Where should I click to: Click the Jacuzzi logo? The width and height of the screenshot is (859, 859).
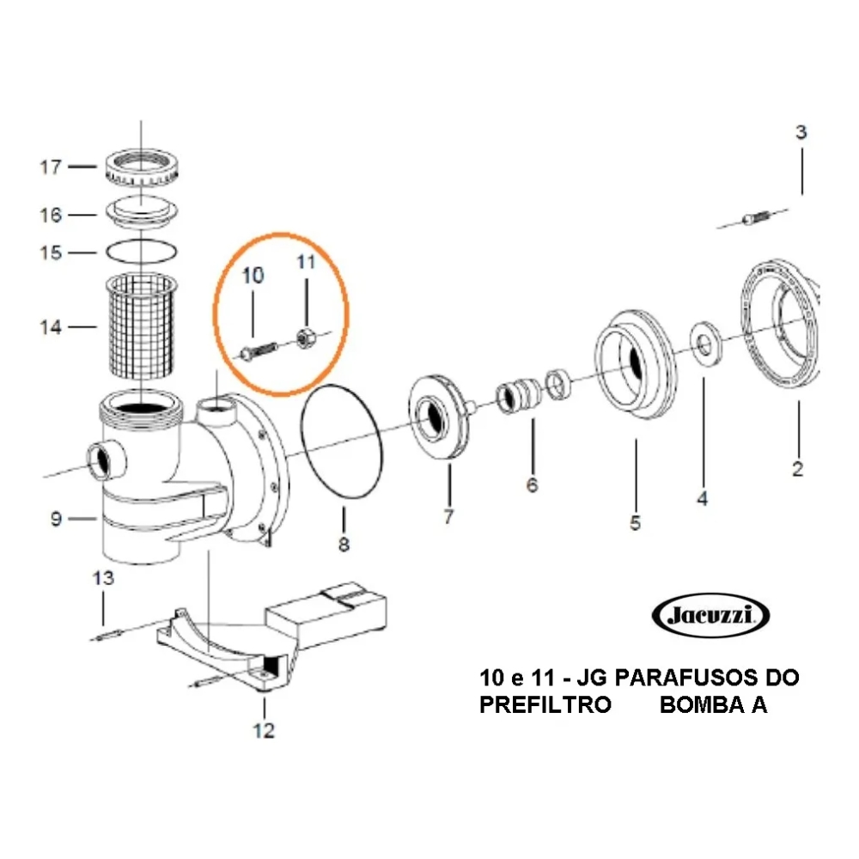[711, 615]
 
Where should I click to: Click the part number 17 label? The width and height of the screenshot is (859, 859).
[51, 166]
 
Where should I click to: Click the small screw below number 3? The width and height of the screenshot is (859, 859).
[754, 221]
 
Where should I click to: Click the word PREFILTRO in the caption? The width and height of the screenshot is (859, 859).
[545, 705]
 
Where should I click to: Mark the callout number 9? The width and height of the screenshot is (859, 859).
[56, 519]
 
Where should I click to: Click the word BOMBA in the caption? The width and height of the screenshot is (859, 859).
[700, 705]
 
